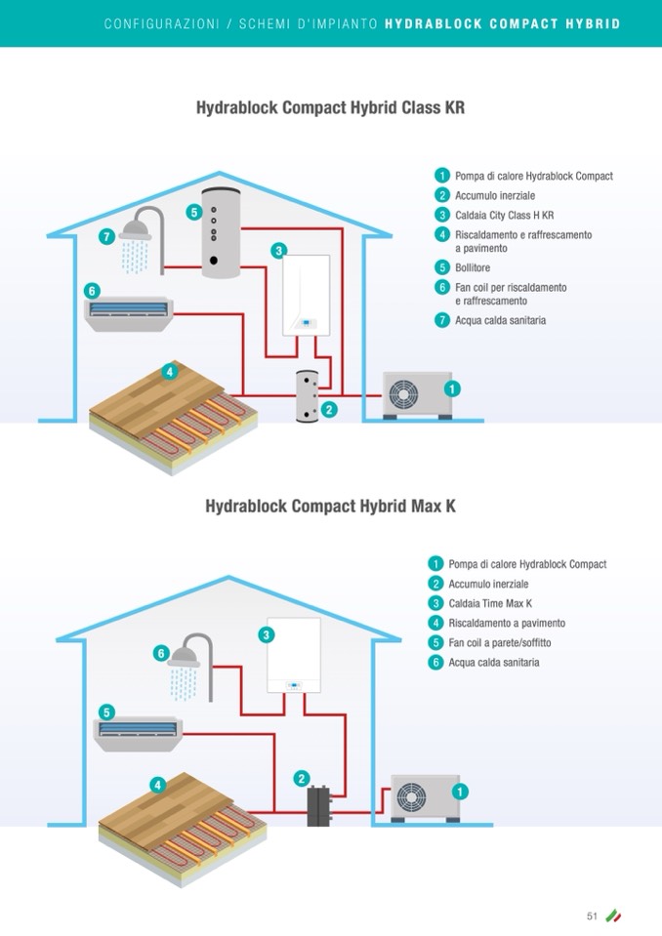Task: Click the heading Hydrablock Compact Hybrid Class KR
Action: (x=330, y=108)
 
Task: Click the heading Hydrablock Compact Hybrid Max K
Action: (x=330, y=507)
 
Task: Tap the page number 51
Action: (x=592, y=916)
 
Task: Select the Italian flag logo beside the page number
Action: (x=613, y=916)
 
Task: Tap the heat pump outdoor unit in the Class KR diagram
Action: (x=417, y=394)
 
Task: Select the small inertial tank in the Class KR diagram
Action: (x=308, y=395)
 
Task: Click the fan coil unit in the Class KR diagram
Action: (x=130, y=312)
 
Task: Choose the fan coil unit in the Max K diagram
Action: (x=138, y=732)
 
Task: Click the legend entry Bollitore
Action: (x=473, y=267)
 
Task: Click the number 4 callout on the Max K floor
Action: (x=157, y=785)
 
